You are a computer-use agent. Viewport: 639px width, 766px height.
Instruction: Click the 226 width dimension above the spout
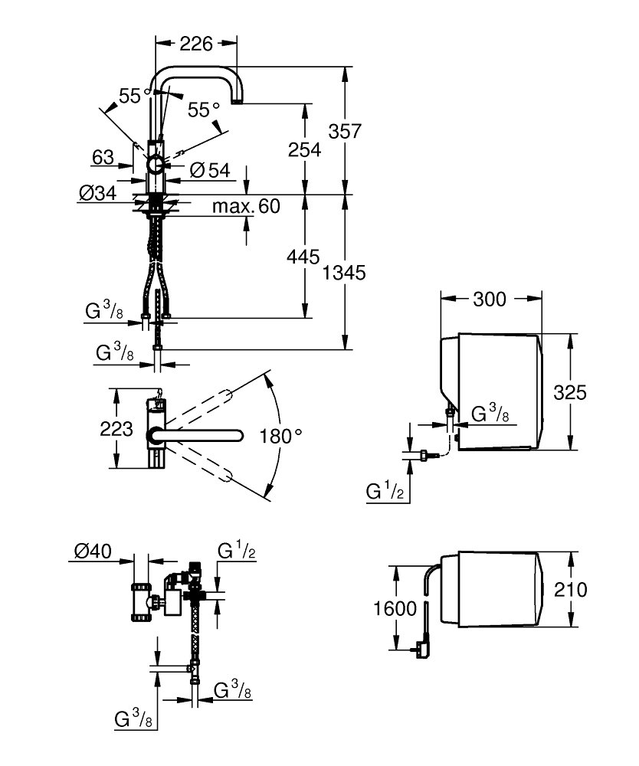click(196, 44)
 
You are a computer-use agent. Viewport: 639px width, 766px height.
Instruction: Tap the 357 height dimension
click(345, 131)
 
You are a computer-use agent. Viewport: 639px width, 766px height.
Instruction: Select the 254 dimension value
click(304, 149)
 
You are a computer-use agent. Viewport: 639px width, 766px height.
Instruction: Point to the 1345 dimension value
click(344, 273)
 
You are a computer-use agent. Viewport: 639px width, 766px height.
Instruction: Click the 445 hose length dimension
click(303, 257)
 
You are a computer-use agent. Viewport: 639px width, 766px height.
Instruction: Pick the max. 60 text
click(246, 206)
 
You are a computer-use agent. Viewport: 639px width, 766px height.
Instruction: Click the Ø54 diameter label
click(210, 170)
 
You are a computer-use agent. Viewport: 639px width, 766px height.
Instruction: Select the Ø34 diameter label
click(98, 194)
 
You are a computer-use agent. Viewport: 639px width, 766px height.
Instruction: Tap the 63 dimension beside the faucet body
click(103, 157)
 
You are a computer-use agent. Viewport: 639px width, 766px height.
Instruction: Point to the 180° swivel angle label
click(281, 436)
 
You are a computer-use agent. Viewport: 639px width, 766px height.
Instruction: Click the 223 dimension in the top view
click(116, 428)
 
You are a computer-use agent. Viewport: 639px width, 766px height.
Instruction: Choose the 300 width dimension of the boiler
click(490, 299)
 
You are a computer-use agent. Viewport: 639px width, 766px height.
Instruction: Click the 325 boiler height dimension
click(569, 392)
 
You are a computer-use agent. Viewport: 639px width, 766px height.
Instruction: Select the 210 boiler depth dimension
click(570, 590)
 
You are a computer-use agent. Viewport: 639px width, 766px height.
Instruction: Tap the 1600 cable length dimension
click(395, 609)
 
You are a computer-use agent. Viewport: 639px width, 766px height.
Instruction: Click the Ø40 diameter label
click(93, 552)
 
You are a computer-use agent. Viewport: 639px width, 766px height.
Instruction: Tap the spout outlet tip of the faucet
click(238, 102)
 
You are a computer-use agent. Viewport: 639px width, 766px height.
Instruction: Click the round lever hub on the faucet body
click(157, 165)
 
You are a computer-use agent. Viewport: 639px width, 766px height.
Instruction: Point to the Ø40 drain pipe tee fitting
click(142, 602)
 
